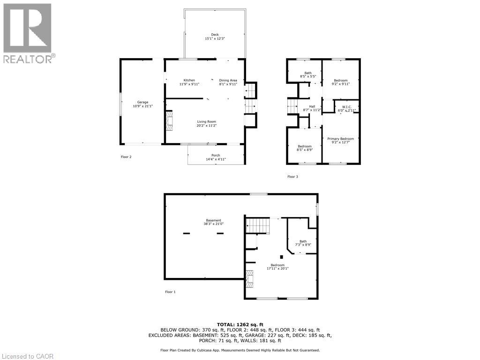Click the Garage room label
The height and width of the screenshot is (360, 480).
tap(142, 104)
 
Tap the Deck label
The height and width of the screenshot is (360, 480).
tap(215, 37)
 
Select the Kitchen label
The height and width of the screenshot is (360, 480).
tap(189, 82)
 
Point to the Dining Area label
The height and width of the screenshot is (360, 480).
tap(228, 82)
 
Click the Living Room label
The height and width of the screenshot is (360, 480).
tap(206, 123)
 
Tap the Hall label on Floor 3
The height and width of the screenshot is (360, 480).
tap(312, 108)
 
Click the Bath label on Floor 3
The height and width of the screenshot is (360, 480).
tap(308, 75)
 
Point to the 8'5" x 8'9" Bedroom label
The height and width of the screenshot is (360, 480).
tap(305, 148)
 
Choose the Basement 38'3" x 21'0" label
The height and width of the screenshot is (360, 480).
tap(213, 222)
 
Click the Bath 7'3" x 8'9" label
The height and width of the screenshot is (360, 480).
tap(303, 243)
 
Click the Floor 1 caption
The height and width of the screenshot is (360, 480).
tap(170, 292)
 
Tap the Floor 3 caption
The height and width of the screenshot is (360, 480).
tap(292, 177)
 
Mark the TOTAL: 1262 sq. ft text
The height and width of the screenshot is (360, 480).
tap(240, 324)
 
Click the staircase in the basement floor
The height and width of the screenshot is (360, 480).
tap(258, 225)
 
